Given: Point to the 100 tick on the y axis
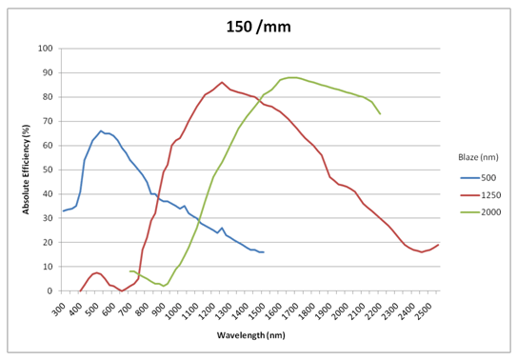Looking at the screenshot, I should tap(45, 49).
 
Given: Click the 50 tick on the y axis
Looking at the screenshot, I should tap(47, 170).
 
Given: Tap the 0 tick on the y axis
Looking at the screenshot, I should tap(50, 290).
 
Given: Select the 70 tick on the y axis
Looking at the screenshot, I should tap(47, 121).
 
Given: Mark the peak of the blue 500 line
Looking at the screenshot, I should tap(101, 131).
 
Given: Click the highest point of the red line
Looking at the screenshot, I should tap(222, 82).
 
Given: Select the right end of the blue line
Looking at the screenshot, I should tap(263, 251).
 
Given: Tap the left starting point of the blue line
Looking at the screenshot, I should tap(63, 210).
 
